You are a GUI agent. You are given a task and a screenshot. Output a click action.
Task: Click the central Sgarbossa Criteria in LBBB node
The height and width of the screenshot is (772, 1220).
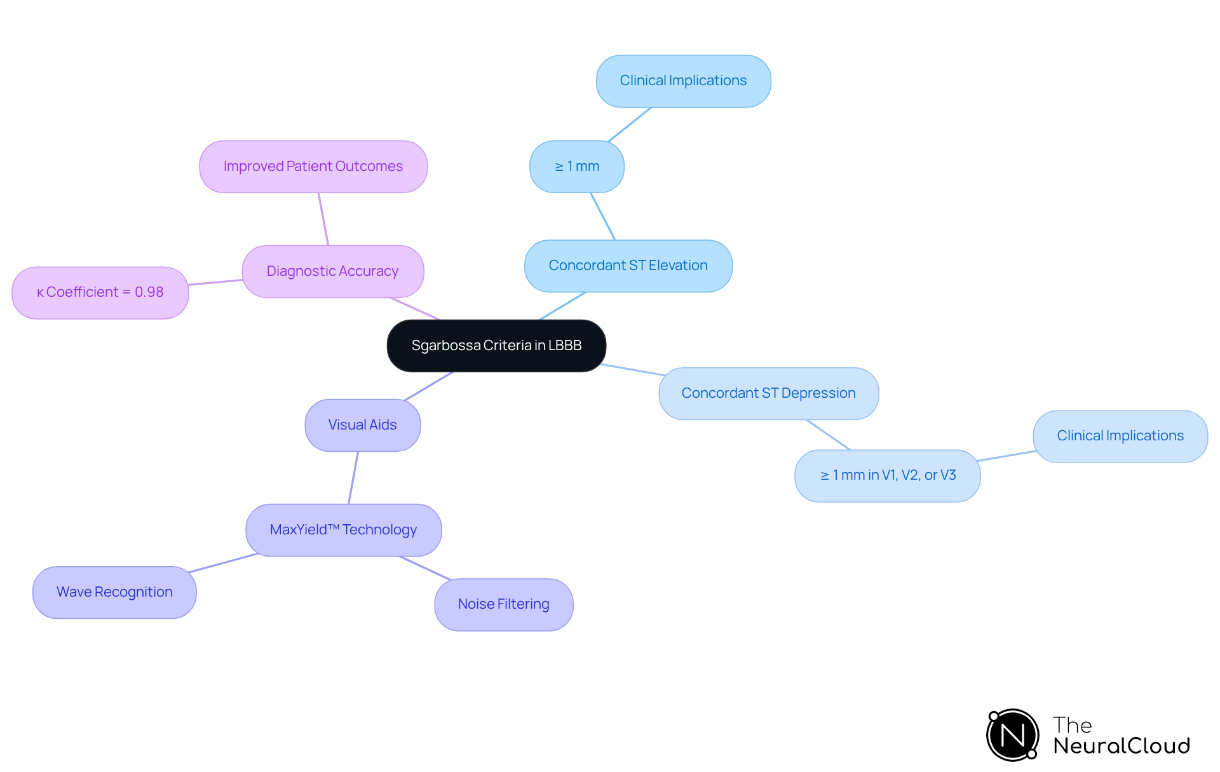496,346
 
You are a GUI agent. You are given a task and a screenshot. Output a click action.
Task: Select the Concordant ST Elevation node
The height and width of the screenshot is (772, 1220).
628,266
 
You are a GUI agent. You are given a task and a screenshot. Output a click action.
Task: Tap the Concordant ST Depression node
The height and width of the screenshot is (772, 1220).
768,393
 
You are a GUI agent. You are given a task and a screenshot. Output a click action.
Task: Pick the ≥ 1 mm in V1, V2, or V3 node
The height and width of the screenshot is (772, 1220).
887,475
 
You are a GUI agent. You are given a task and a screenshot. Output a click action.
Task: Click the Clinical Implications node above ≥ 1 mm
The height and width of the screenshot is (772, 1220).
683,81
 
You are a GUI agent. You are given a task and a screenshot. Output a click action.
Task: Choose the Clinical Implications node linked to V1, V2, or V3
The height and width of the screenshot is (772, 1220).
1120,436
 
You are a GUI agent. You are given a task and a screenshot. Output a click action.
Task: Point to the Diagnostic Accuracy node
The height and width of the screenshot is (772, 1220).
332,271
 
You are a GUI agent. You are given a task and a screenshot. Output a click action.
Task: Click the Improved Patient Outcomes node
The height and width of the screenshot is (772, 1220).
313,166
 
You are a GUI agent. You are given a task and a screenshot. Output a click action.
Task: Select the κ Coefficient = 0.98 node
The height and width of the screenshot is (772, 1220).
100,292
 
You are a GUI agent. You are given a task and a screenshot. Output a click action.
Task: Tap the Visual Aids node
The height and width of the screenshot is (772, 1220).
362,425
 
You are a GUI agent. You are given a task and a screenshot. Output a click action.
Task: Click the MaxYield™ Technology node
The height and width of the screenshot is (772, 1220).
343,530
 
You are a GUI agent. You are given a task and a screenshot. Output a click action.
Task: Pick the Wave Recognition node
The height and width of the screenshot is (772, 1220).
114,592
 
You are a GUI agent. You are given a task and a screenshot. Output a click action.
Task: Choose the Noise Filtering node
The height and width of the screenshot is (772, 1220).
503,604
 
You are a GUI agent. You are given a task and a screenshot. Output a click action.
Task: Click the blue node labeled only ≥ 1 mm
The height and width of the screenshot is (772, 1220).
576,166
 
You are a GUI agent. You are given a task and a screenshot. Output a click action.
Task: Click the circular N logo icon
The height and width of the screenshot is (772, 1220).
1012,735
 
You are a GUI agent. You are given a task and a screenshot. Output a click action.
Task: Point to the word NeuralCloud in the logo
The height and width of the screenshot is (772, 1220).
1122,746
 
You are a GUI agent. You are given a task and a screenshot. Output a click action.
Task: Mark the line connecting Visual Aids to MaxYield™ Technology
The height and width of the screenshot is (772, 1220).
353,478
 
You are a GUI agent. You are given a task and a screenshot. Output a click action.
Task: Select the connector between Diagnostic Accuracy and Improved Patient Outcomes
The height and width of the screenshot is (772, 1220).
323,219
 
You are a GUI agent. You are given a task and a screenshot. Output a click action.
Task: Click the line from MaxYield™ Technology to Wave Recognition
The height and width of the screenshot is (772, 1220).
224,563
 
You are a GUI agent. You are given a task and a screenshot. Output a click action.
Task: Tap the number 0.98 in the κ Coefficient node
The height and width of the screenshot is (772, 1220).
149,292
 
